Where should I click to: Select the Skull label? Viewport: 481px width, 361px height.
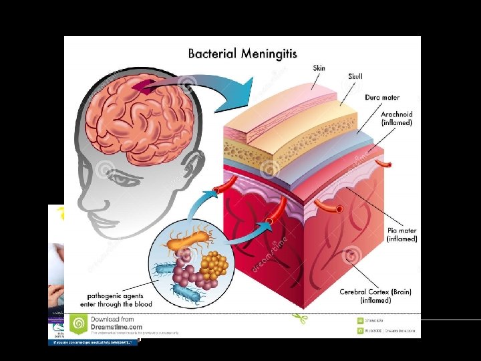coord(355,77)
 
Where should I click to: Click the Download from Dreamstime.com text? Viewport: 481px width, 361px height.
coord(116,323)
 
